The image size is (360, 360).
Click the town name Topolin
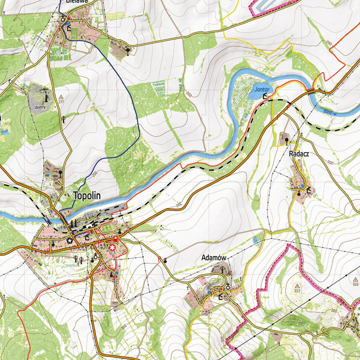88,196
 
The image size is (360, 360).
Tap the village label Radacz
299,154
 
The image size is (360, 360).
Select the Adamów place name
214,258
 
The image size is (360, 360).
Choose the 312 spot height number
297,291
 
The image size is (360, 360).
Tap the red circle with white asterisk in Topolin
112,247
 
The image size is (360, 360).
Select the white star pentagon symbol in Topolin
69,240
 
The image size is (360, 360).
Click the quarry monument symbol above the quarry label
46,97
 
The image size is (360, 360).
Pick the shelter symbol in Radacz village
309,189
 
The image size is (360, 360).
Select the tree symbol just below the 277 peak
64,118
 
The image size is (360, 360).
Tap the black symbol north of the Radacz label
287,139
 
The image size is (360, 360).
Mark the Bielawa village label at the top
77,1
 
